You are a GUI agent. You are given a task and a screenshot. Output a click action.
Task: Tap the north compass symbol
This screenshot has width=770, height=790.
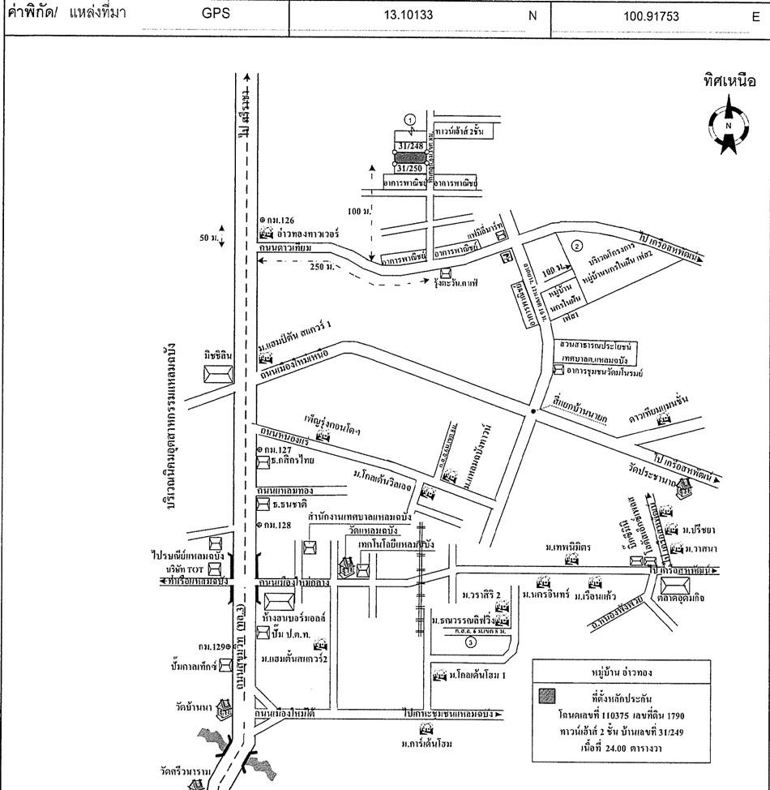(x=728, y=124)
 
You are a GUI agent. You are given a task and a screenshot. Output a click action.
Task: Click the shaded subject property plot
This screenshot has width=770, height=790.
(x=410, y=157)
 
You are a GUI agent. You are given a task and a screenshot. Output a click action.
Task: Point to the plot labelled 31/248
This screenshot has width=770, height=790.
(x=410, y=147)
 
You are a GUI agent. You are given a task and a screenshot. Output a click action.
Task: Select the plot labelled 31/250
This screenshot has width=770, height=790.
(x=410, y=167)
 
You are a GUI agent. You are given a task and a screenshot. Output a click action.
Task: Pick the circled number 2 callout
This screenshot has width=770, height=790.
(x=576, y=245)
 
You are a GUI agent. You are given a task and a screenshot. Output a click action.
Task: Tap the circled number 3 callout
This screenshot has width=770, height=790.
(x=471, y=642)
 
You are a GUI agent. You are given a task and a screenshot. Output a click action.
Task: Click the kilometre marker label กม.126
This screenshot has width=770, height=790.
(x=281, y=220)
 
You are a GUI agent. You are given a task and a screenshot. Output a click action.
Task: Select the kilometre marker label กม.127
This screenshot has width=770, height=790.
(x=281, y=449)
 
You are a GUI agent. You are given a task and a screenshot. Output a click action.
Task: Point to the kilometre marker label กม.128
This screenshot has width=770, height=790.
(x=281, y=526)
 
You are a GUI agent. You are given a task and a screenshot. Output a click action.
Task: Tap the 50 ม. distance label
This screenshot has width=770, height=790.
(x=209, y=241)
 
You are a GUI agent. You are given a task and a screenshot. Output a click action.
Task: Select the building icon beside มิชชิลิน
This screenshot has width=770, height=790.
(x=218, y=375)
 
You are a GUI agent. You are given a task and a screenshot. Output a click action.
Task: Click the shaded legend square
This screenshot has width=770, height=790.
(x=548, y=695)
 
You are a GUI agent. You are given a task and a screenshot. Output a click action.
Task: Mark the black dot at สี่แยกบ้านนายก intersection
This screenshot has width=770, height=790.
(x=532, y=413)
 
